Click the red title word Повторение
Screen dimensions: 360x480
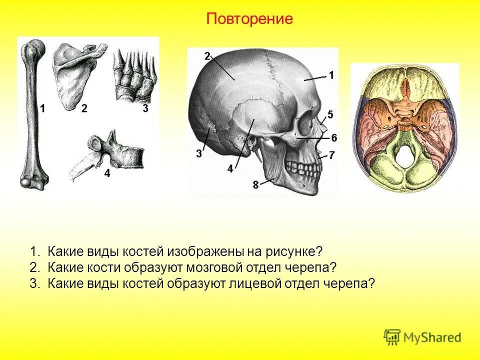[249, 19]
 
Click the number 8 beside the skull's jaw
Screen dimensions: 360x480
[255, 184]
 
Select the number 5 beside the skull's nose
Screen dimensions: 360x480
[330, 113]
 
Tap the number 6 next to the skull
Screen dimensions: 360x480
[333, 137]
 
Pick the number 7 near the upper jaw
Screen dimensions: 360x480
[331, 155]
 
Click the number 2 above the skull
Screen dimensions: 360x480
[207, 56]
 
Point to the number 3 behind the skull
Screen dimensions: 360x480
[199, 153]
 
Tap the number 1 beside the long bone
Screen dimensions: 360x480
[42, 108]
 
